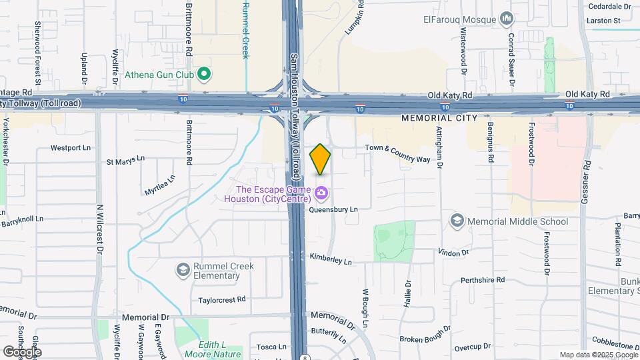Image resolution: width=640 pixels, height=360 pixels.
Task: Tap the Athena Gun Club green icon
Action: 205,74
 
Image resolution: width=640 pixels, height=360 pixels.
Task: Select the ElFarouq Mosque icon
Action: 506,17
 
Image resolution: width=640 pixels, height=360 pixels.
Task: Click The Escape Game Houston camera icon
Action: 322,193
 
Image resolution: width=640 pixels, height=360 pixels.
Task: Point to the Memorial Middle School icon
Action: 457,220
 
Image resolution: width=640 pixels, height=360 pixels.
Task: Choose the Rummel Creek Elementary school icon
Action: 183,269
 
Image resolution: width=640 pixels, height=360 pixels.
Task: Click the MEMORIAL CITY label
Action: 440,117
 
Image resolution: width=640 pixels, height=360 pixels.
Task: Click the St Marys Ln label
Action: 125,161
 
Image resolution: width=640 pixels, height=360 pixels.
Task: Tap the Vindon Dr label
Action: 455,252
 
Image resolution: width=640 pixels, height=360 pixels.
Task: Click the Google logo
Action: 22,351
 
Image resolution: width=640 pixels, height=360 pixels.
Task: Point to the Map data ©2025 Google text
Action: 597,355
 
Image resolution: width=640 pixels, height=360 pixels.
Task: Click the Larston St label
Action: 604,21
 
